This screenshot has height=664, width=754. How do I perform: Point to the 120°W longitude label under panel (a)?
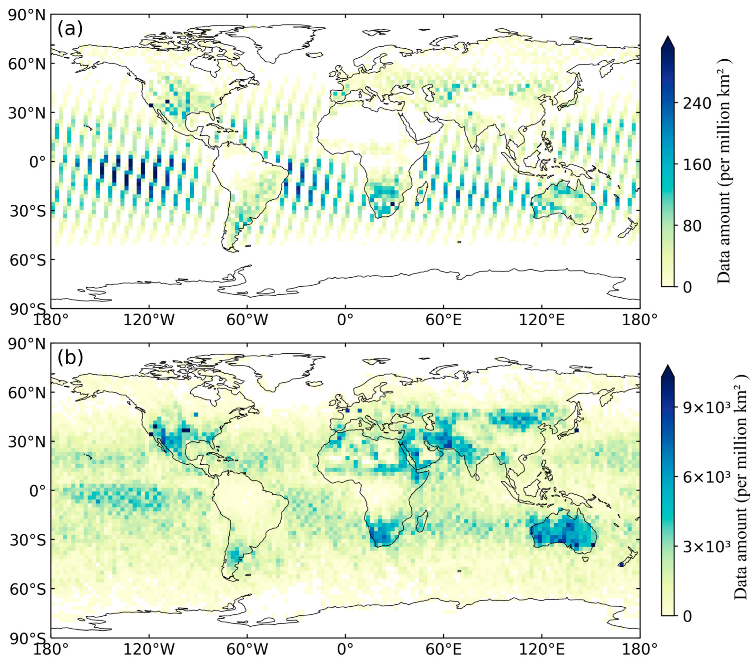point(149,321)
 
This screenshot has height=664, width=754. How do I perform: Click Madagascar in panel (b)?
point(422,521)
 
